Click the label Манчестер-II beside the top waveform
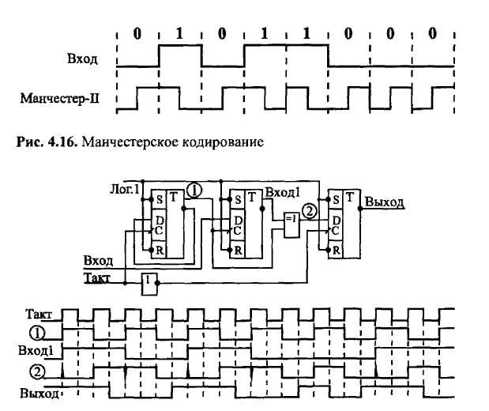coord(66,100)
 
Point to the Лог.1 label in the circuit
coord(125,190)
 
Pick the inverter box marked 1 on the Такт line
coord(148,281)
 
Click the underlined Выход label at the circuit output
coord(385,202)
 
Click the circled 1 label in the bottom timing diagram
coord(36,332)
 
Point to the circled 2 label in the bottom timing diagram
coord(36,372)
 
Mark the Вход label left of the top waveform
coord(83,58)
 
